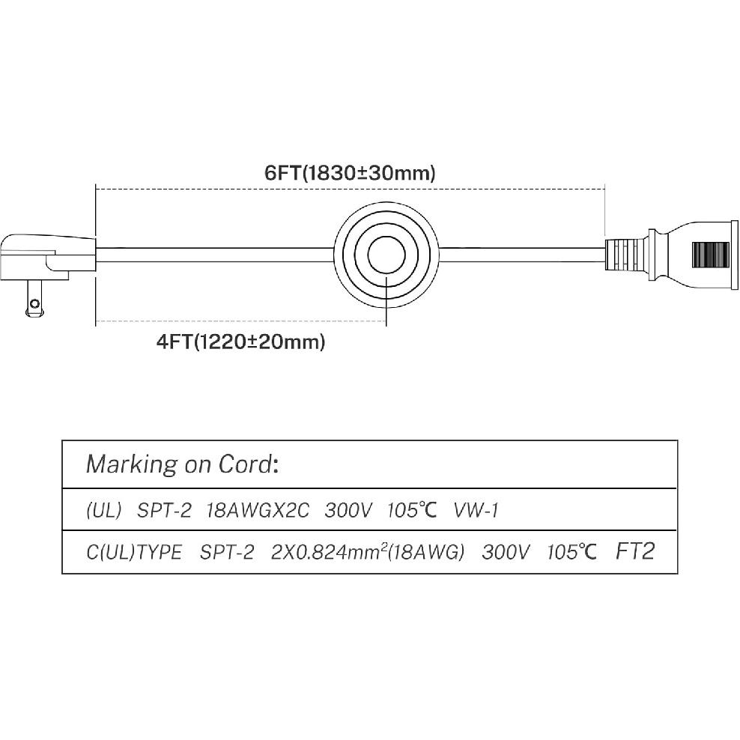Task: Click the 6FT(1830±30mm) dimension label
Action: click(350, 173)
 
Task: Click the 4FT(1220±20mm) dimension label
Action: click(240, 342)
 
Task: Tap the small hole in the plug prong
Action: click(34, 303)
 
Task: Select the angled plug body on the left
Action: click(47, 257)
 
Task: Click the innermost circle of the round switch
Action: click(386, 255)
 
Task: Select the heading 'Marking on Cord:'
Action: click(182, 464)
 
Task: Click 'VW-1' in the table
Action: click(476, 511)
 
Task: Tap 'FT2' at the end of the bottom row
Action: click(635, 551)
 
